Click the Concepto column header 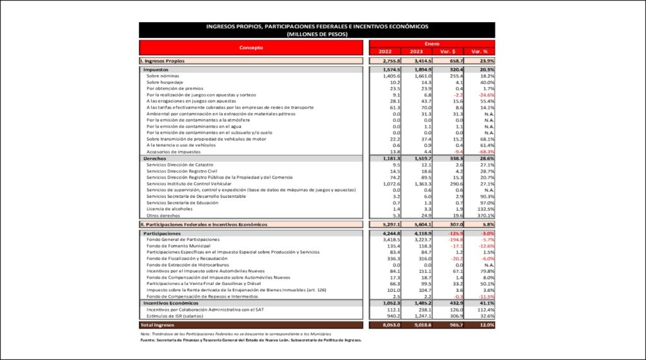(250, 47)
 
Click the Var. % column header (479, 51)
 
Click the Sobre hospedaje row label (165, 83)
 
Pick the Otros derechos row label (163, 216)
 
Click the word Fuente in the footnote (149, 340)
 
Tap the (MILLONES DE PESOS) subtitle (317, 34)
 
